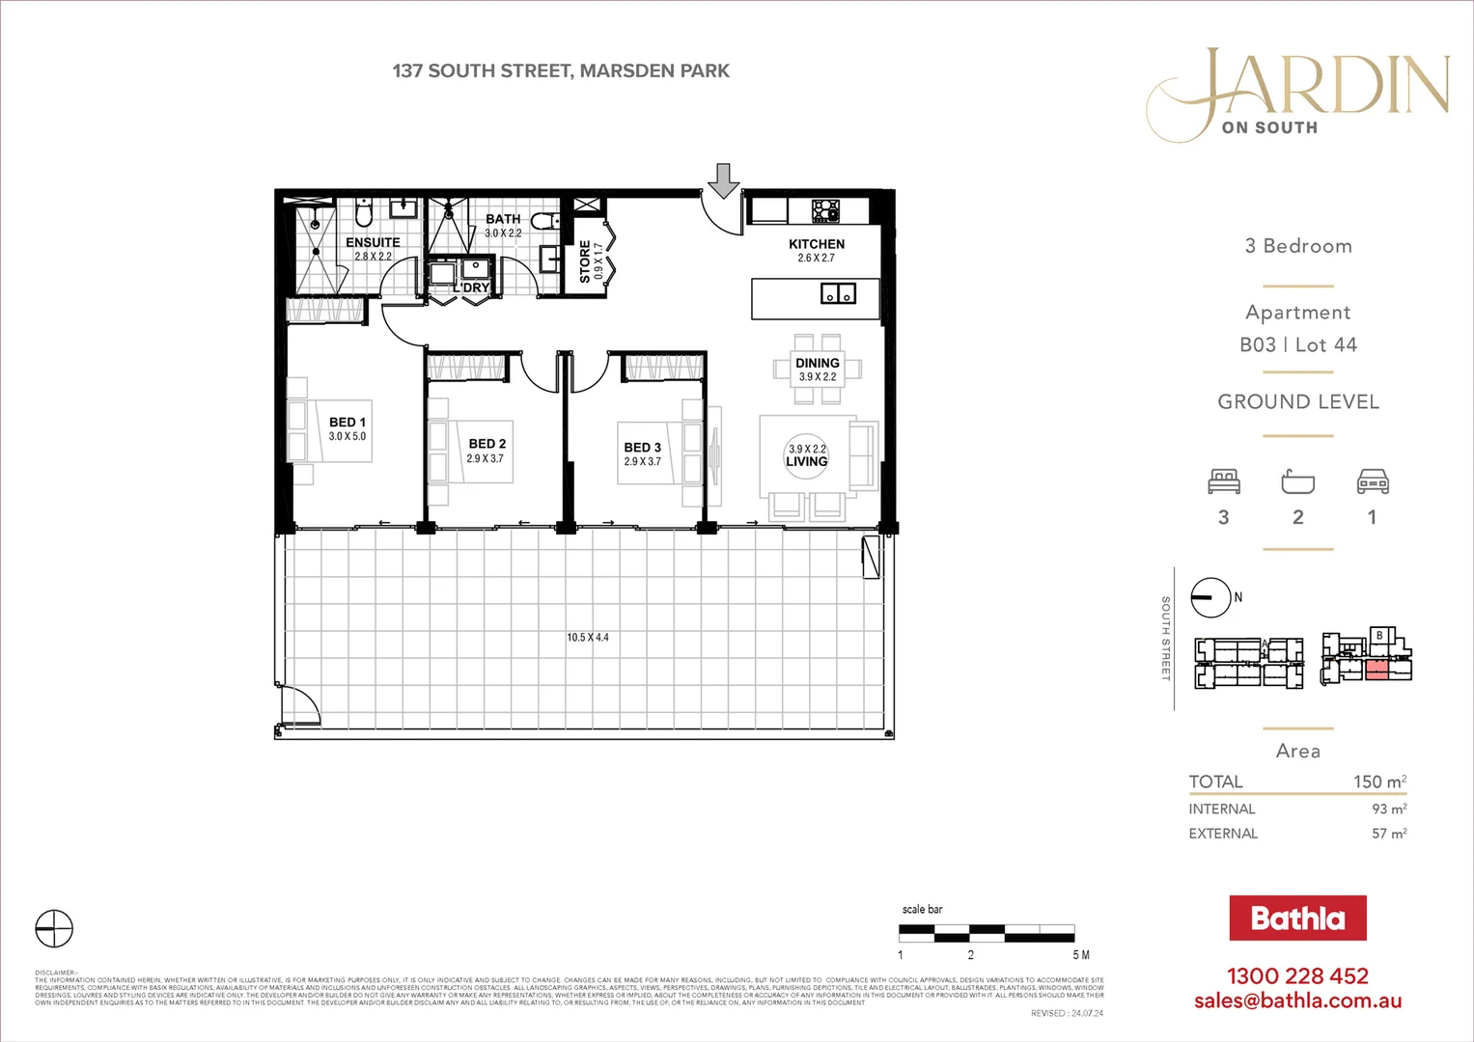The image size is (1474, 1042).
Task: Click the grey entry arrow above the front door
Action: pyautogui.click(x=723, y=180)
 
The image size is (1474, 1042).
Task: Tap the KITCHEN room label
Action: pyautogui.click(x=817, y=244)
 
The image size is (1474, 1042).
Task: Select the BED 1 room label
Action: pyautogui.click(x=348, y=422)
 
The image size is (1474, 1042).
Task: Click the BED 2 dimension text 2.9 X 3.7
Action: pyautogui.click(x=486, y=459)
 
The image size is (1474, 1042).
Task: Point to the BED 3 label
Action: pyautogui.click(x=643, y=448)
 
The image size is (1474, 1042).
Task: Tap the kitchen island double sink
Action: pyautogui.click(x=837, y=292)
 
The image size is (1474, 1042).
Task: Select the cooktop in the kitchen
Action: pyautogui.click(x=825, y=209)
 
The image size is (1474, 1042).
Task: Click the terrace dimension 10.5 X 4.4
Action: pyautogui.click(x=587, y=638)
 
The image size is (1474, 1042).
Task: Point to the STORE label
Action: pyautogui.click(x=585, y=261)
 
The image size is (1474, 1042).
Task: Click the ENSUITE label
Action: pyautogui.click(x=373, y=242)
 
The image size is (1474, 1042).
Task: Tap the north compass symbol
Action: pyautogui.click(x=1211, y=598)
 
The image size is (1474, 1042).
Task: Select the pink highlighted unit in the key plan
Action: pyautogui.click(x=1377, y=671)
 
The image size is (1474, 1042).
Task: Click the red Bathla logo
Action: pyautogui.click(x=1297, y=919)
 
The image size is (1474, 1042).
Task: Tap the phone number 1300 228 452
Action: pyautogui.click(x=1297, y=976)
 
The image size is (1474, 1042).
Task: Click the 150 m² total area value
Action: pyautogui.click(x=1379, y=781)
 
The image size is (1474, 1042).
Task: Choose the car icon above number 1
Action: pyautogui.click(x=1373, y=480)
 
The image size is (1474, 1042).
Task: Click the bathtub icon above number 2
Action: pyautogui.click(x=1298, y=480)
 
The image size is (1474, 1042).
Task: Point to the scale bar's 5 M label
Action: pyautogui.click(x=1081, y=955)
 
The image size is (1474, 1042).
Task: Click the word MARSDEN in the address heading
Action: pyautogui.click(x=627, y=70)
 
